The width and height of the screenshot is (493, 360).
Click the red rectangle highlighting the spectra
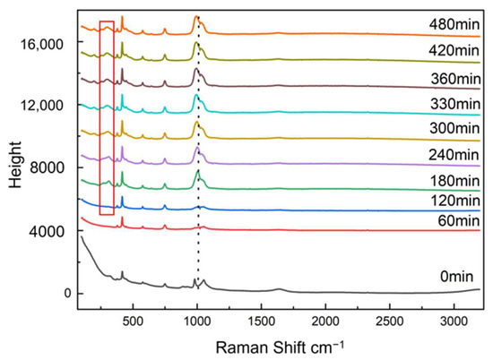[107, 117]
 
